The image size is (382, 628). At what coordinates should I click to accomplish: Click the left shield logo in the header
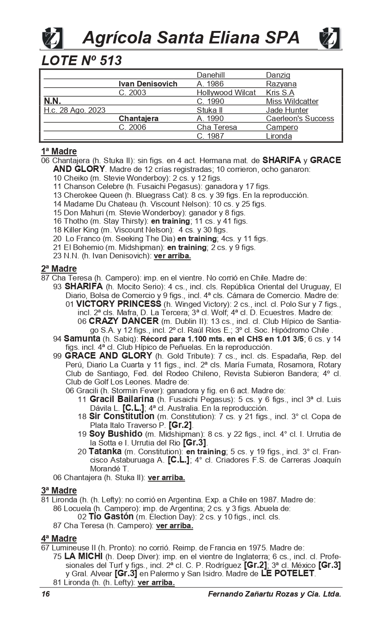tap(52, 38)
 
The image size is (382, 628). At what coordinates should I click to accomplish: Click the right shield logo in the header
tap(329, 38)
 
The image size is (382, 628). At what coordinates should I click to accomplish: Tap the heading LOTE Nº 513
tap(81, 61)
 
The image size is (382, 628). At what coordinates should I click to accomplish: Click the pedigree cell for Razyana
tap(281, 84)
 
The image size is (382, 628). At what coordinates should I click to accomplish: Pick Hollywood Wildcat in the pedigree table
tap(226, 92)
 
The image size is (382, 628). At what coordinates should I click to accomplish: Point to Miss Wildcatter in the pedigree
tap(292, 101)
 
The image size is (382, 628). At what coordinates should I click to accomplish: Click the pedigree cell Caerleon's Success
tap(300, 118)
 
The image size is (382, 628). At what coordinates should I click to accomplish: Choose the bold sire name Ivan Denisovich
tap(148, 84)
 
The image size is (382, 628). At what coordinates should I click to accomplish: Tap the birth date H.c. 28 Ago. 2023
tap(74, 110)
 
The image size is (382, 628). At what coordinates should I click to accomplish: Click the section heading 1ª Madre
tap(59, 151)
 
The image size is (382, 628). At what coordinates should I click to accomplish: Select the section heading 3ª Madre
tap(59, 490)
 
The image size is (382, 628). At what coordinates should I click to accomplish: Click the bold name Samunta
tap(82, 338)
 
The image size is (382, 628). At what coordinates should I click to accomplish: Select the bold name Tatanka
tap(105, 451)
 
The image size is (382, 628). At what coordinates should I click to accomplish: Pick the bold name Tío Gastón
tap(111, 517)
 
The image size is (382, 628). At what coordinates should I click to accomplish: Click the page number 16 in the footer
tap(45, 594)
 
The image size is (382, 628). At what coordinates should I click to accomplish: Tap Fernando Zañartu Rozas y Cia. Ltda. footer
tap(274, 594)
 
